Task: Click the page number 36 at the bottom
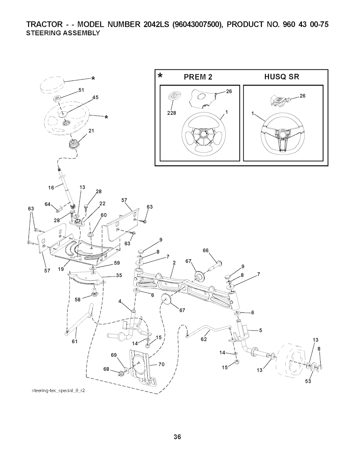177,437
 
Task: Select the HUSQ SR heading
282,77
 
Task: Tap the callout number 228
171,113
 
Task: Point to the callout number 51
81,90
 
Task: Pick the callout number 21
91,131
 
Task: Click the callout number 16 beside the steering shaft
51,188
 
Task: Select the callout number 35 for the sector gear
119,275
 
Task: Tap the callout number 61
74,341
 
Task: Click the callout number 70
161,364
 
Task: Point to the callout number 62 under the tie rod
204,340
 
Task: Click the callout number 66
206,250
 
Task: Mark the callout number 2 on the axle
174,262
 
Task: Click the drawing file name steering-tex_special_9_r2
57,391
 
